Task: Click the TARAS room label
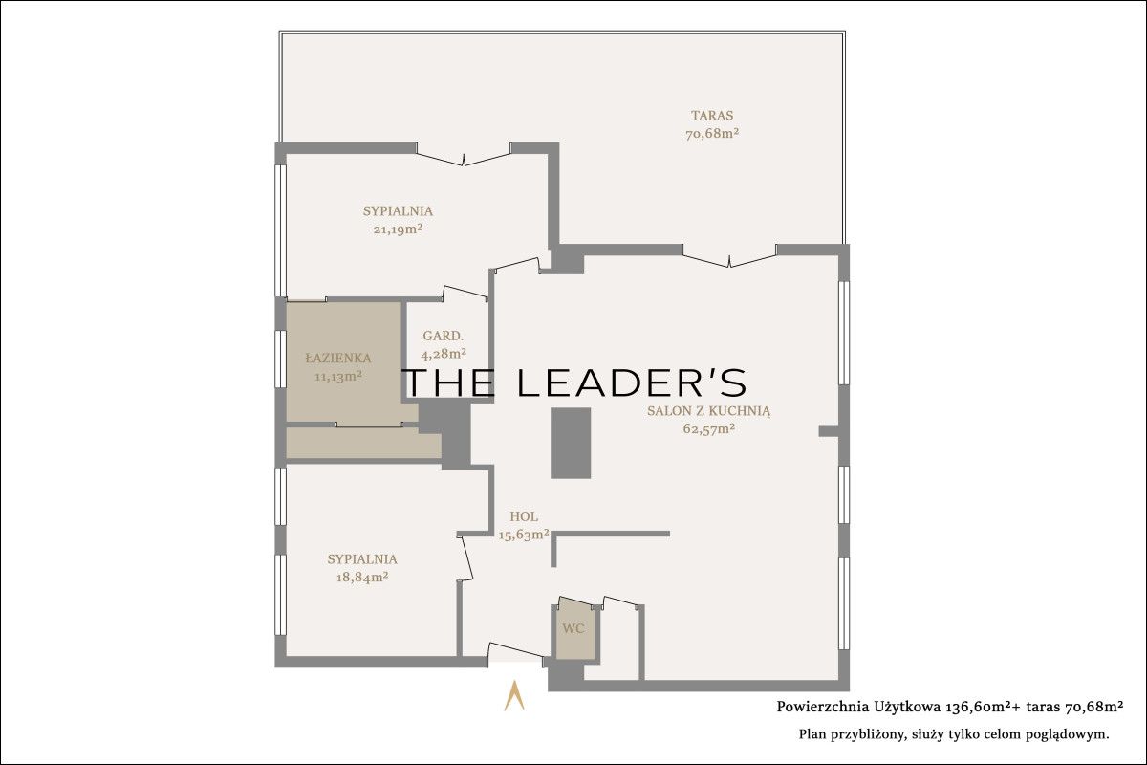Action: [712, 116]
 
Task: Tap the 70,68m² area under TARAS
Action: [712, 134]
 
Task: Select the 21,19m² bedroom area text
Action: [398, 229]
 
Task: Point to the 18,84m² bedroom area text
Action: [362, 577]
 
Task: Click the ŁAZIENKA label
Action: [338, 359]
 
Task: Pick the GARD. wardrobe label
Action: [444, 337]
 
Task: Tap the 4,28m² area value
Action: [444, 354]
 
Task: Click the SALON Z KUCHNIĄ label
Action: [708, 411]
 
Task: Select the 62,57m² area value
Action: [709, 428]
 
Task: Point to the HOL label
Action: [524, 516]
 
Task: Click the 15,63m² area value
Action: [525, 535]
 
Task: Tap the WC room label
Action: [573, 628]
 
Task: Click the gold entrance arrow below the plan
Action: [514, 695]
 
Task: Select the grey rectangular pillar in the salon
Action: [571, 443]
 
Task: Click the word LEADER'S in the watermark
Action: [633, 382]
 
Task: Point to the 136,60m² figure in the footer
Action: [976, 707]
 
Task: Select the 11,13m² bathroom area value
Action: [338, 377]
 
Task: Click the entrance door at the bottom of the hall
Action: [515, 652]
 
